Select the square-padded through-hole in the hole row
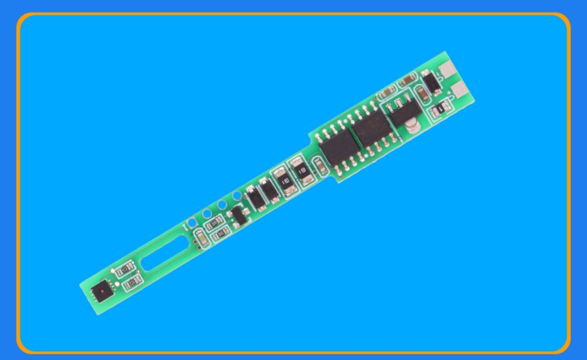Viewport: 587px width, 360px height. [191, 223]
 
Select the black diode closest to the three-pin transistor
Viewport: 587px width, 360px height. [252, 198]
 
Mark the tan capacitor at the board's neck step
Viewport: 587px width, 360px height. [320, 166]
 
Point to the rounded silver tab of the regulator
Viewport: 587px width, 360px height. [412, 127]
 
